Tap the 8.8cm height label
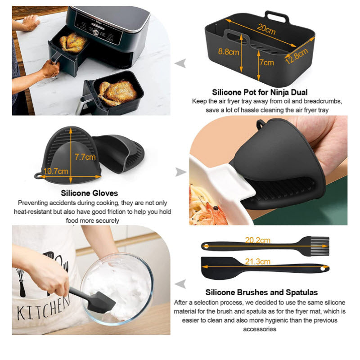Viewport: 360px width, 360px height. (x=229, y=52)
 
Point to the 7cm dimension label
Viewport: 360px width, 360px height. (x=266, y=63)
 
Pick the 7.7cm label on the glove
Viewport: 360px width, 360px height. (x=85, y=157)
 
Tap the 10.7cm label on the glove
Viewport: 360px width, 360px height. (x=57, y=171)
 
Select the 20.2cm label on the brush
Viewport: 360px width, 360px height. (x=257, y=241)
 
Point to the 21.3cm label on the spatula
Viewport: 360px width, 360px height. (x=258, y=261)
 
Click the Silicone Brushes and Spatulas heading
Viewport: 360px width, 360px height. (x=261, y=292)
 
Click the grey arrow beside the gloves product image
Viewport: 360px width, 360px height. (x=181, y=171)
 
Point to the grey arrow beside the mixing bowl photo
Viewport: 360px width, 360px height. (x=181, y=283)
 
